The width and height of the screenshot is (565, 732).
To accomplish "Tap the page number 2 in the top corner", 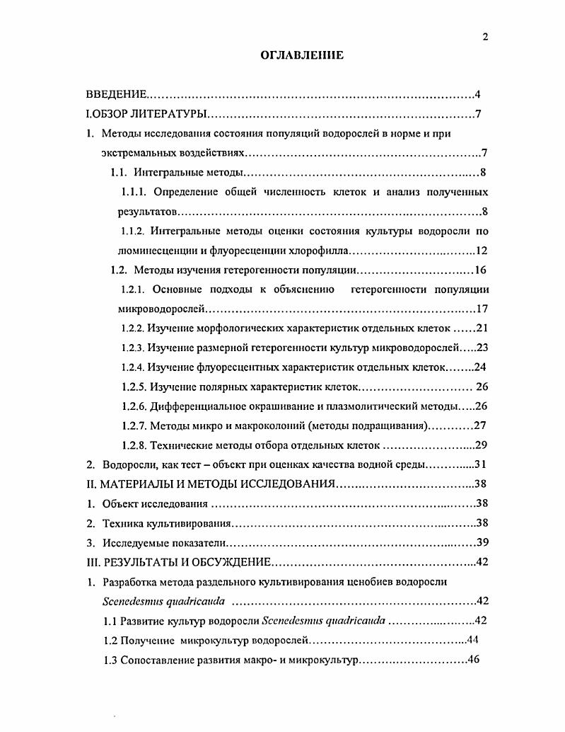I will (x=485, y=38).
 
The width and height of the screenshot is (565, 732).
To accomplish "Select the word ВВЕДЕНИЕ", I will (x=116, y=94).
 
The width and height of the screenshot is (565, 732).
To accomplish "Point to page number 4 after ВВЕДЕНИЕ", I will (x=478, y=94).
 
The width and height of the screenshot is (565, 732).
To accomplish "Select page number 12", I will (x=482, y=250).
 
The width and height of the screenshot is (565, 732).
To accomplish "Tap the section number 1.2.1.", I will (x=134, y=289).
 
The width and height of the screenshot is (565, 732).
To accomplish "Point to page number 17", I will (x=482, y=309).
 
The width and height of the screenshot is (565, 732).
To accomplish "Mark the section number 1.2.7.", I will (x=134, y=425).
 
